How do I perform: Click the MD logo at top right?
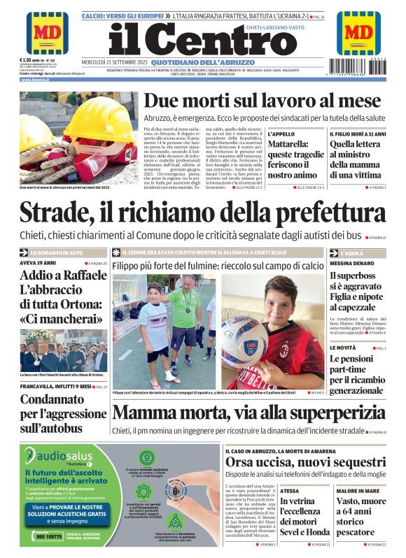[358, 32]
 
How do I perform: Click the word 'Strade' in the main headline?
[61, 214]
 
